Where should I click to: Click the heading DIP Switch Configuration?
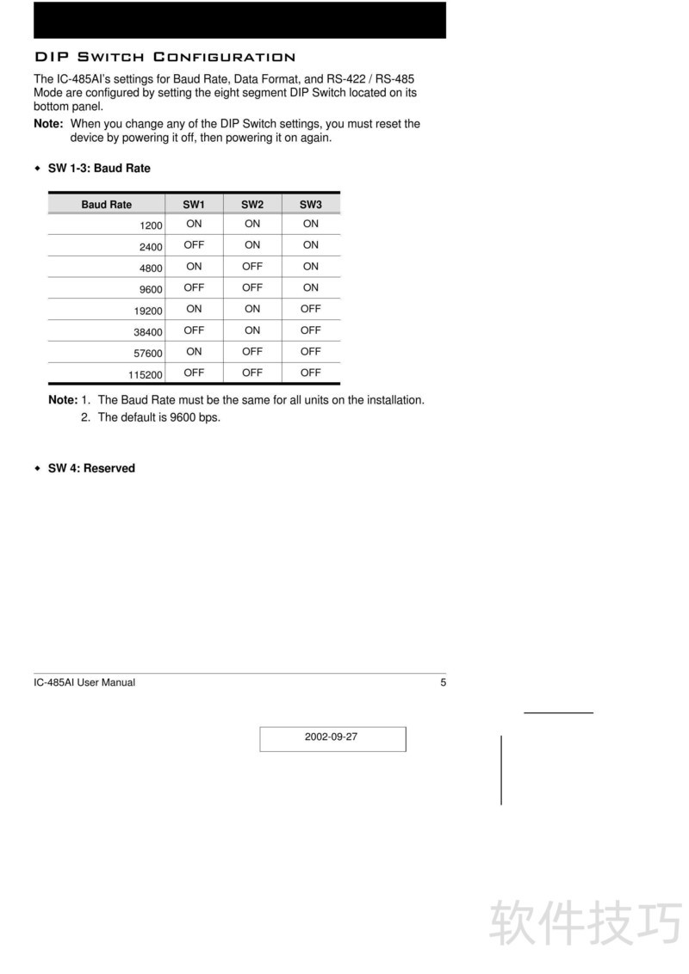click(164, 58)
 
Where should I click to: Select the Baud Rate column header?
click(107, 205)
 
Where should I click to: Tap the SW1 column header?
click(194, 205)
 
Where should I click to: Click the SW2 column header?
click(252, 205)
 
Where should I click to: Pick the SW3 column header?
click(311, 205)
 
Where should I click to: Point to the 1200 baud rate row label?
click(151, 225)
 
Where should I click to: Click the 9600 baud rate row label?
click(151, 290)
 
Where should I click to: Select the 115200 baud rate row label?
click(146, 375)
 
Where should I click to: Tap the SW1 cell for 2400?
click(194, 245)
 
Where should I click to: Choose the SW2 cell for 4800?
click(252, 267)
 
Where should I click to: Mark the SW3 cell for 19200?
click(311, 309)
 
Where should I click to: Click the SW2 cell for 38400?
click(252, 330)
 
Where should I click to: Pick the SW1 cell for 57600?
click(194, 352)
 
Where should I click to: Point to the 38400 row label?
click(148, 332)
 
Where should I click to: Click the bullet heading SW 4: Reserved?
click(91, 469)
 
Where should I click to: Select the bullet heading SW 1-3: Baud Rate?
click(99, 169)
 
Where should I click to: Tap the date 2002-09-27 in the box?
click(331, 737)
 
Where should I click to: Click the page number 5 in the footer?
click(444, 682)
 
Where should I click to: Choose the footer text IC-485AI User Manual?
click(84, 682)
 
